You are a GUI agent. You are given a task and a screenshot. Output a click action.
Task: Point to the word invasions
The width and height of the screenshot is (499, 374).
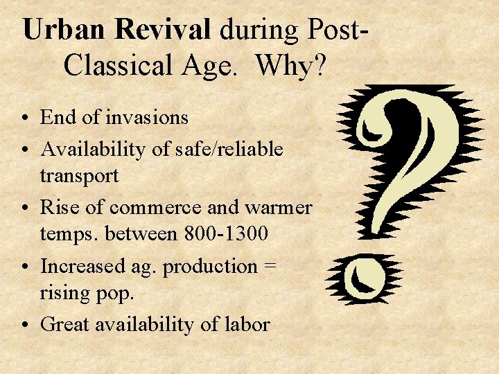tap(147, 118)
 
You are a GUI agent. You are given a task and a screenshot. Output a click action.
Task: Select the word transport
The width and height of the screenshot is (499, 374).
tap(79, 176)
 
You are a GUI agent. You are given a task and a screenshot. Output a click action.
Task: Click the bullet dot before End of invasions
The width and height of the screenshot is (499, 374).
tap(24, 118)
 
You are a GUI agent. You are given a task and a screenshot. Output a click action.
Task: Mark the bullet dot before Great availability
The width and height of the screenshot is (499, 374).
tap(24, 325)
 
